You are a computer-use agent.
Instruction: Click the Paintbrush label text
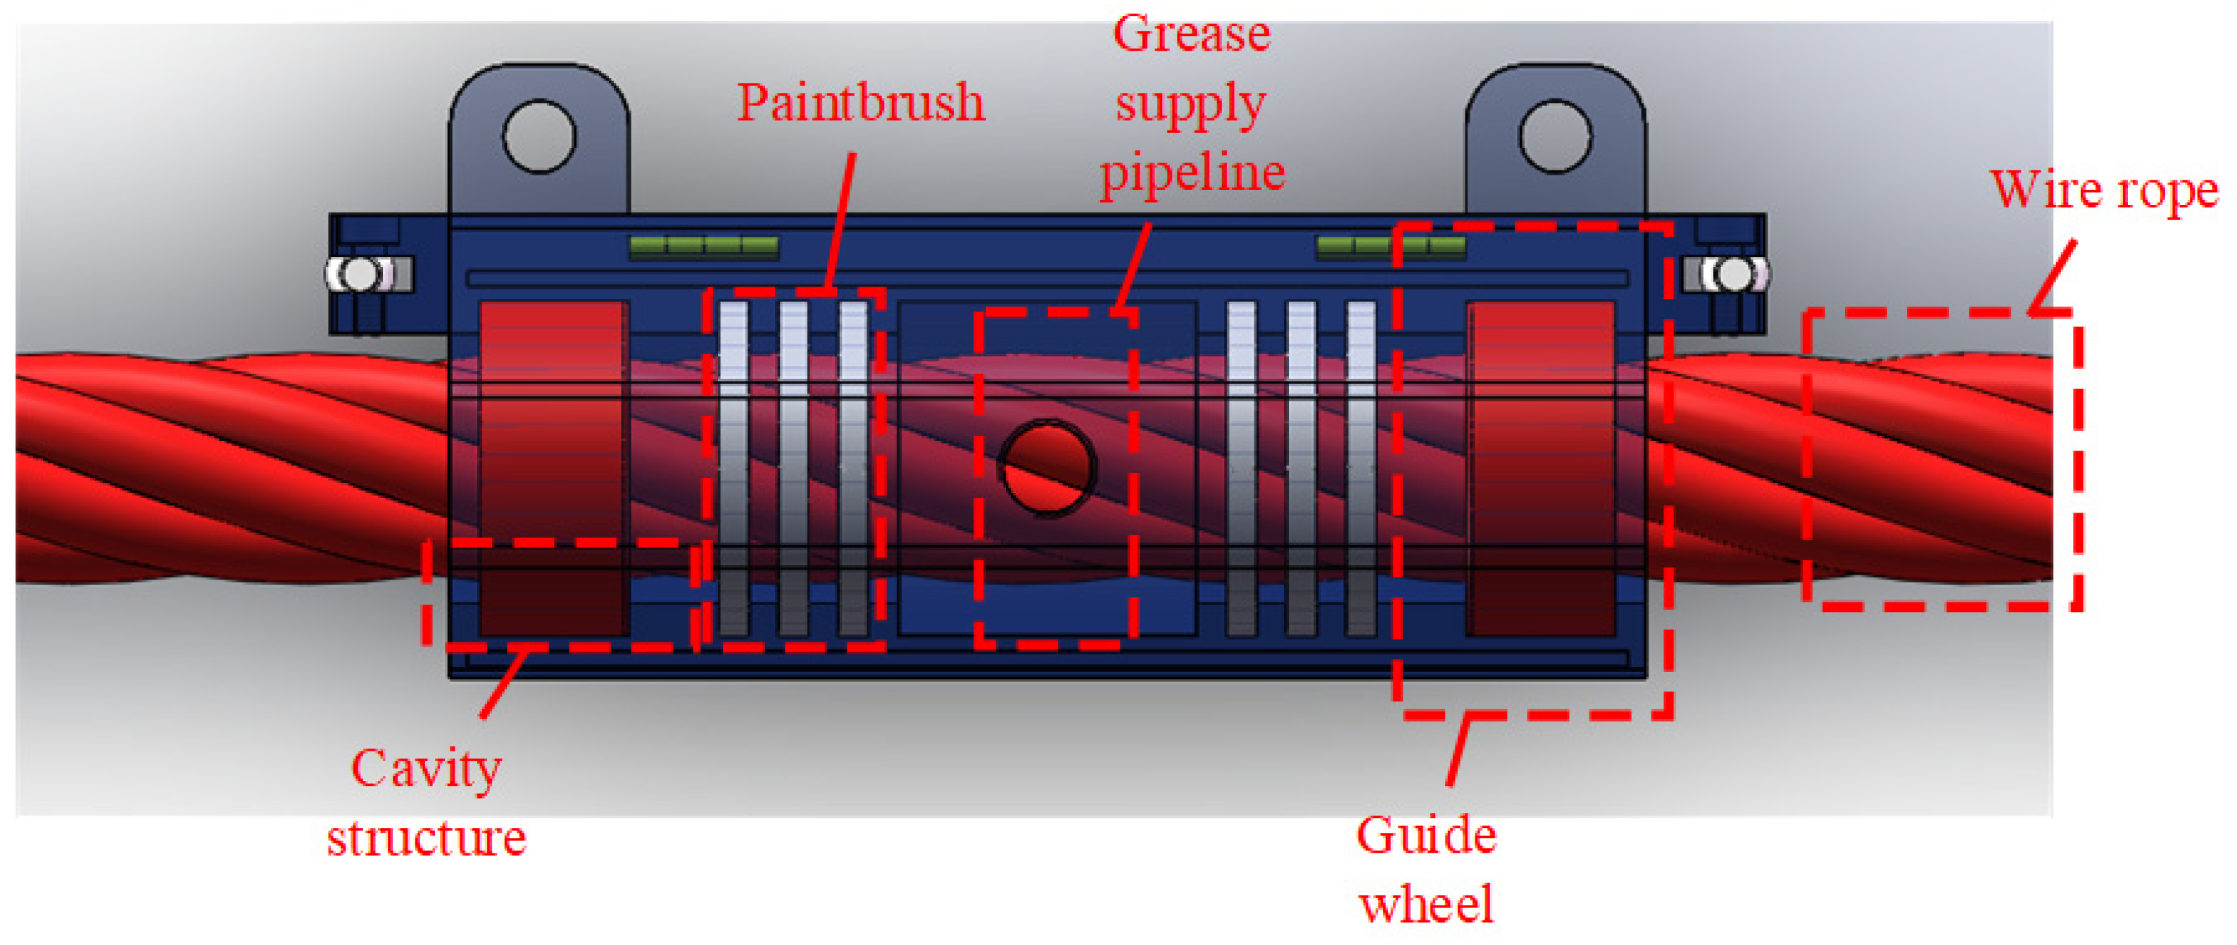point(859,103)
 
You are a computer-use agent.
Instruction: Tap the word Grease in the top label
point(1192,35)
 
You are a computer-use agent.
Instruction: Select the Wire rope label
point(2103,189)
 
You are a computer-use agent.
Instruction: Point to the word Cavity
point(426,770)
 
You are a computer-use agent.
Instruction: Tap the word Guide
point(1426,836)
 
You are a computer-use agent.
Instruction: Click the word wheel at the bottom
point(1426,905)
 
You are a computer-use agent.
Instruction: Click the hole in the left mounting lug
point(538,137)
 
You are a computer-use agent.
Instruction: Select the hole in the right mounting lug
point(1554,137)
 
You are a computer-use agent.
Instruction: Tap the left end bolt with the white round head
point(359,275)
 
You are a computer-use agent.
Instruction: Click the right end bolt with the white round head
point(1735,275)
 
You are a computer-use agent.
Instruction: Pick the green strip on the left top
point(703,248)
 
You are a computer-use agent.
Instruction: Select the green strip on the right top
point(1390,248)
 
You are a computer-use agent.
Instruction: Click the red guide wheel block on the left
point(553,469)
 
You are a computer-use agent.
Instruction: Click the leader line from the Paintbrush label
point(840,222)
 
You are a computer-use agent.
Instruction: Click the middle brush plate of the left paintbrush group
point(793,469)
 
